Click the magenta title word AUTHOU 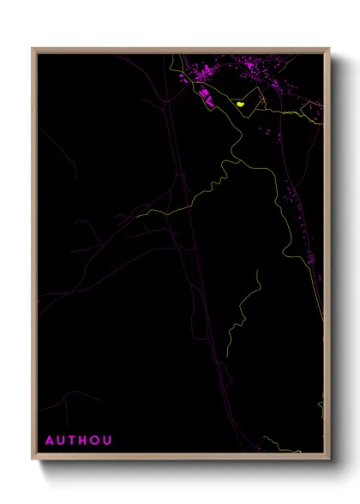pos(78,441)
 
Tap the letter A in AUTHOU pos(50,441)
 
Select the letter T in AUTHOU pos(73,441)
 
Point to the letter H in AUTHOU pos(84,441)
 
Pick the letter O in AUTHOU pos(96,441)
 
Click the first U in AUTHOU pos(62,441)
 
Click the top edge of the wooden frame pos(180,50)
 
